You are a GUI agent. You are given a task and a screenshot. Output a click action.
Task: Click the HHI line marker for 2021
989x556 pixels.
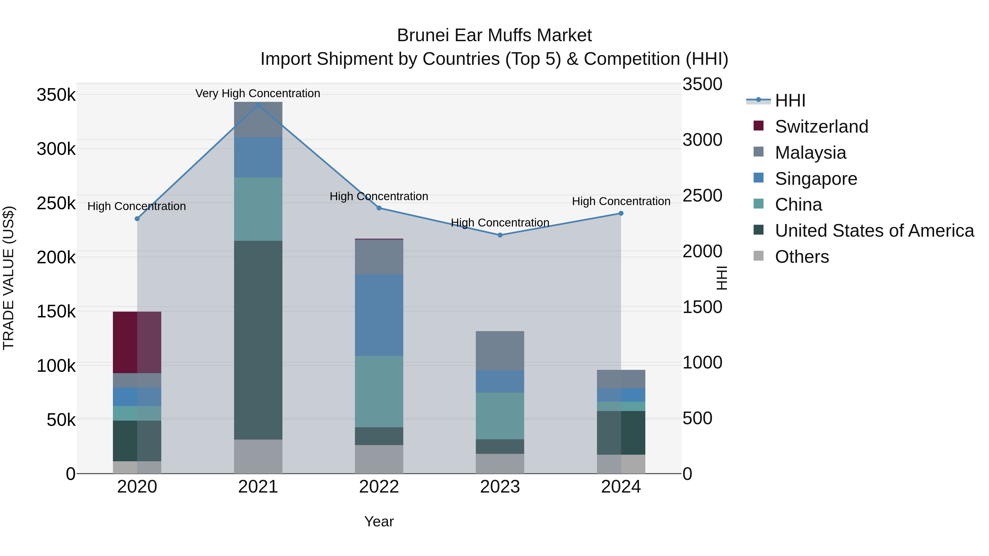[x=258, y=105]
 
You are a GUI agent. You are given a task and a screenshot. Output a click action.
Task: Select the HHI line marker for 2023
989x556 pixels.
[x=500, y=235]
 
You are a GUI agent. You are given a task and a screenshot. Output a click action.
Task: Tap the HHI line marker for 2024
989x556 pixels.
[x=621, y=213]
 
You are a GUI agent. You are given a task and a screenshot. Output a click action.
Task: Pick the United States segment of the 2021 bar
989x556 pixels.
[x=258, y=340]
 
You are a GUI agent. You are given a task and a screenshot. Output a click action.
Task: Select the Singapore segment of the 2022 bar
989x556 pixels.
[x=379, y=315]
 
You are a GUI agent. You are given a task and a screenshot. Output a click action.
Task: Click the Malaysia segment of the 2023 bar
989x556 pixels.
[x=500, y=350]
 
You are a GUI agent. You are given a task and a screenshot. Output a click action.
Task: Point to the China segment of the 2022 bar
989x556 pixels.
[x=379, y=391]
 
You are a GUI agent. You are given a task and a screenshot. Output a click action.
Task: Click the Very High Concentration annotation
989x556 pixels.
[x=258, y=93]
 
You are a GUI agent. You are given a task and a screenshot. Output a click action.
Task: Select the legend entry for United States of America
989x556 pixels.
[x=874, y=231]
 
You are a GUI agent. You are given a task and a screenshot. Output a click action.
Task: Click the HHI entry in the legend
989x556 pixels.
[x=790, y=100]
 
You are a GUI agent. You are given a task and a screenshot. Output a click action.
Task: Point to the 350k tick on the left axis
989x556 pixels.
[x=56, y=95]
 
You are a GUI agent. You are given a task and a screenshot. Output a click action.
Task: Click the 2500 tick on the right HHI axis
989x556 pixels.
[x=702, y=195]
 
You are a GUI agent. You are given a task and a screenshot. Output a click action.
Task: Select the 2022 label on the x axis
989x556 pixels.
[x=379, y=487]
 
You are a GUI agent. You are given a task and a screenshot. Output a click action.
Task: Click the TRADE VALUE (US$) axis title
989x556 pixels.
[x=9, y=278]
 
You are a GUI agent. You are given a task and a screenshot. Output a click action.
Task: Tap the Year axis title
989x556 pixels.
[x=379, y=521]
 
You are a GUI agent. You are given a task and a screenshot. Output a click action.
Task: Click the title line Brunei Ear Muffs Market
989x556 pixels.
[x=494, y=35]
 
